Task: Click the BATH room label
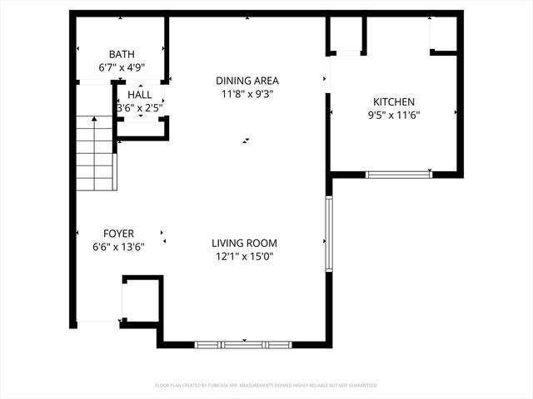(121, 55)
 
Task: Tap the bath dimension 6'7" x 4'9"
(121, 68)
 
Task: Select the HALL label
(139, 95)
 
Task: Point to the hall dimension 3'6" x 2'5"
(139, 108)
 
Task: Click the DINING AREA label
(247, 81)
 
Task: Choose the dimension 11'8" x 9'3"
(247, 94)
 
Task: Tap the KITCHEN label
(394, 101)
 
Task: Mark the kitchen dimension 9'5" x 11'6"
(394, 115)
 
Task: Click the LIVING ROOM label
(244, 243)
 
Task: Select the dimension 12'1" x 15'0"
(244, 256)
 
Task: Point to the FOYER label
(118, 234)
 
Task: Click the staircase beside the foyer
(95, 154)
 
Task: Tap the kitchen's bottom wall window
(399, 175)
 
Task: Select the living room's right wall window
(329, 233)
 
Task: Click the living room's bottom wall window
(243, 344)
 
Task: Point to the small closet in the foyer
(139, 301)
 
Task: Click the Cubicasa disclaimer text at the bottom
(266, 386)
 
